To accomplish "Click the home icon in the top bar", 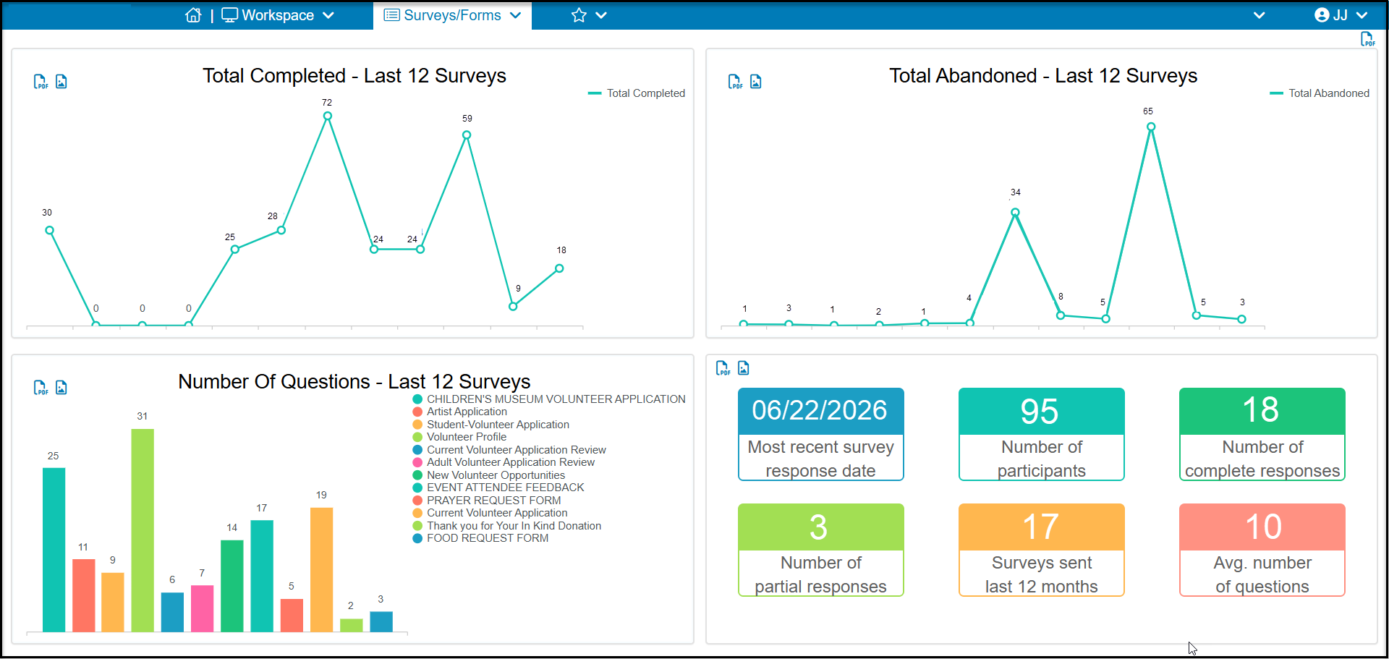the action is pos(193,15).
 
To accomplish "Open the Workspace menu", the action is pos(278,15).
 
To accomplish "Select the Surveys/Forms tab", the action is pos(452,15).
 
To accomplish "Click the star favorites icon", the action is pos(579,15).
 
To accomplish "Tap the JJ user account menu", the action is pos(1341,15).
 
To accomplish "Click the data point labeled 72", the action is pos(328,116).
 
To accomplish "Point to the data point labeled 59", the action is pos(467,135).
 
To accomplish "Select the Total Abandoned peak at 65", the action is pos(1151,127).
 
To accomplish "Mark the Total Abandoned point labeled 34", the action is pos(1015,213).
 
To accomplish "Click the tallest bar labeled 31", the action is pos(143,530).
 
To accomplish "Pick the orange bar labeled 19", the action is pos(321,570).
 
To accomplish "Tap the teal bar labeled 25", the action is pos(54,550).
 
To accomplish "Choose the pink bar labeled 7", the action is pos(202,608).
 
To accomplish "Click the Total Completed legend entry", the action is pos(637,93).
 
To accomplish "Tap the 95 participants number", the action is pos(1040,411).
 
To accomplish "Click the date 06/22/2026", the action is pos(820,410).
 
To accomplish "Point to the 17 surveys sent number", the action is pos(1041,527).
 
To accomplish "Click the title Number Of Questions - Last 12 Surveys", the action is pos(354,381).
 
